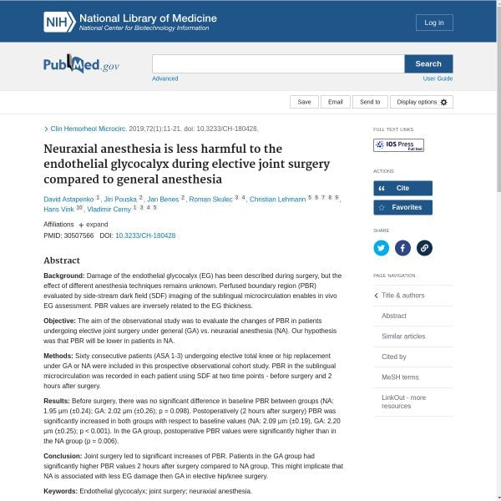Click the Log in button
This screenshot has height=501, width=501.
click(434, 23)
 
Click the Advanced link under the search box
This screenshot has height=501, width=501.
click(164, 78)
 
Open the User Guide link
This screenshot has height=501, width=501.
click(438, 78)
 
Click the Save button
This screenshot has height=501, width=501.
click(304, 102)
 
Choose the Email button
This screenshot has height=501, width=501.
click(335, 102)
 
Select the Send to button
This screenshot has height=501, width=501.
click(370, 102)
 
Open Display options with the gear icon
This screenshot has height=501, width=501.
click(422, 102)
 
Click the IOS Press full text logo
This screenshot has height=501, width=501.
click(398, 145)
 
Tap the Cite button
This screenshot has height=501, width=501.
click(402, 189)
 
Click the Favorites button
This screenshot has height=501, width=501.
click(402, 207)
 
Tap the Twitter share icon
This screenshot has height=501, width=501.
click(382, 247)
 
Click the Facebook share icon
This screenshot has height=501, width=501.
click(402, 247)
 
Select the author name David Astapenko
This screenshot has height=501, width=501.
click(68, 200)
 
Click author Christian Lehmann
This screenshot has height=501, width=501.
click(277, 200)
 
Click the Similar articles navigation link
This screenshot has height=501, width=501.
click(403, 337)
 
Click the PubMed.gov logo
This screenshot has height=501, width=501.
click(82, 65)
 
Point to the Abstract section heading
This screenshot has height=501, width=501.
click(62, 261)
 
